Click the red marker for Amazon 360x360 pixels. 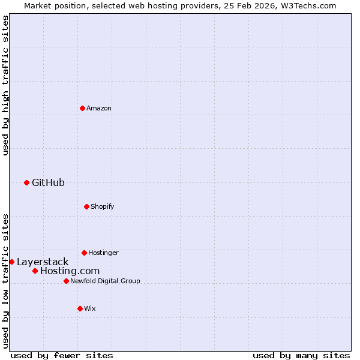tap(82, 108)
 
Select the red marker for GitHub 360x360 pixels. tap(26, 182)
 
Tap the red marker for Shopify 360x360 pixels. tap(86, 206)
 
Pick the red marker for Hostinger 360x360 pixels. tap(84, 253)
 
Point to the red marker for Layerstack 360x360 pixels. tap(11, 262)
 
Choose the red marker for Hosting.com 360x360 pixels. tap(35, 271)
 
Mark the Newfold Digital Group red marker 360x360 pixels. tap(66, 281)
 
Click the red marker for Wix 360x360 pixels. tap(80, 308)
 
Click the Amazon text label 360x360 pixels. tap(99, 108)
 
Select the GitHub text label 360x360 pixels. tap(48, 182)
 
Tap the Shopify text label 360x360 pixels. tap(103, 206)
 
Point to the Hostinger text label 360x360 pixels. tap(103, 253)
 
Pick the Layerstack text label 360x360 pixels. tap(43, 262)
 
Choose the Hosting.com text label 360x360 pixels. tap(70, 271)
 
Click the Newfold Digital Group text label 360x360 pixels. tap(105, 281)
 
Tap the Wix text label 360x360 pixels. tap(90, 308)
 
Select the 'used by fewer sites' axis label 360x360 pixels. tap(62, 355)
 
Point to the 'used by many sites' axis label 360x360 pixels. tap(301, 355)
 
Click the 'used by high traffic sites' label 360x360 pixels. tap(5, 85)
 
